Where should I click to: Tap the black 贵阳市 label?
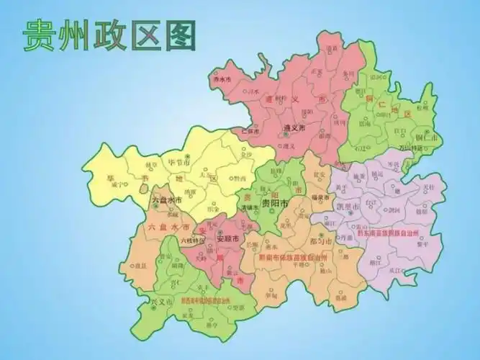tap(274, 204)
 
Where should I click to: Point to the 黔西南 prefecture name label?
tap(208, 299)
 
